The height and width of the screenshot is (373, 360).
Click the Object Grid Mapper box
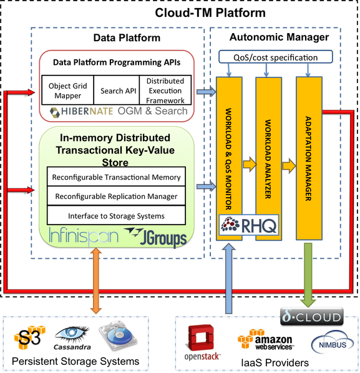[x=68, y=90]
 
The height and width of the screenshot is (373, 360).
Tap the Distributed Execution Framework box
[x=165, y=90]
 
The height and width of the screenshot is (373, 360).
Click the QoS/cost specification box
[x=276, y=57]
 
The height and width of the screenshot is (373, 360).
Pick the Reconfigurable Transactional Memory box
[x=116, y=177]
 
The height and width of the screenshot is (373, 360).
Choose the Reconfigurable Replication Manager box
[x=116, y=196]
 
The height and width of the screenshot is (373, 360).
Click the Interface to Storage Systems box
[x=116, y=215]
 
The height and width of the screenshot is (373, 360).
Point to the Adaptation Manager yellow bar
[x=309, y=158]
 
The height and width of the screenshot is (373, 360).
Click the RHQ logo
[x=249, y=225]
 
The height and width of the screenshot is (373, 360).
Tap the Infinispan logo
[x=84, y=236]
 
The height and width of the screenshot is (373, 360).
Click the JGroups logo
[x=155, y=237]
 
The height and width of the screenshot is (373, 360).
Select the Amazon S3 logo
[x=30, y=337]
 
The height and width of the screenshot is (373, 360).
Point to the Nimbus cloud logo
[x=333, y=343]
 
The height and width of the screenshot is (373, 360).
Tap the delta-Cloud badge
[x=312, y=316]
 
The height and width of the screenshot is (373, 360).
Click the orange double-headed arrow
[x=96, y=281]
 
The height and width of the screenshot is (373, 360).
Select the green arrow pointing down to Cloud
[x=308, y=275]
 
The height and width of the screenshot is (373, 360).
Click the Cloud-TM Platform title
[x=210, y=12]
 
